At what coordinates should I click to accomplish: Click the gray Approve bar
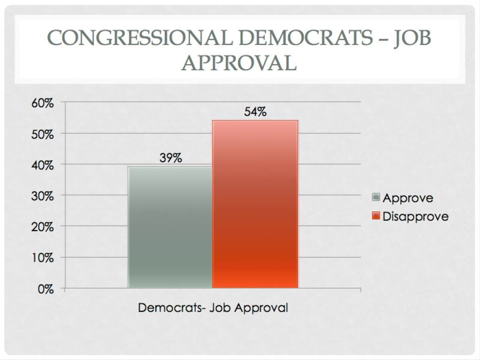pyautogui.click(x=170, y=227)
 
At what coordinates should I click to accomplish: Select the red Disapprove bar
pyautogui.click(x=255, y=204)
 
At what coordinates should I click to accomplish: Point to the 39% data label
pyautogui.click(x=170, y=158)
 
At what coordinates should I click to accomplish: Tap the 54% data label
pyautogui.click(x=255, y=112)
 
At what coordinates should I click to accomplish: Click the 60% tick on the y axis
pyautogui.click(x=43, y=103)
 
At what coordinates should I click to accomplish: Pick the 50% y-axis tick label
pyautogui.click(x=43, y=134)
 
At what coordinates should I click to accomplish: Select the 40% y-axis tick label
pyautogui.click(x=43, y=165)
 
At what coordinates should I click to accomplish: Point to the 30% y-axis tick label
pyautogui.click(x=43, y=196)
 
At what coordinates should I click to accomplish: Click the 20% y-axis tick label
pyautogui.click(x=43, y=227)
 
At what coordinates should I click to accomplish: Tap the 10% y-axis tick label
pyautogui.click(x=43, y=258)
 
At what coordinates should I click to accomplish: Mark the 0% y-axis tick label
pyautogui.click(x=46, y=289)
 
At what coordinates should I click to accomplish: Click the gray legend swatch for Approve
pyautogui.click(x=376, y=197)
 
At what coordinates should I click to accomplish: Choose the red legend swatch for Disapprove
pyautogui.click(x=376, y=216)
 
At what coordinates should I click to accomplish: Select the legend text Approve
pyautogui.click(x=408, y=197)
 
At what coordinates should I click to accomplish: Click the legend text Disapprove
pyautogui.click(x=415, y=216)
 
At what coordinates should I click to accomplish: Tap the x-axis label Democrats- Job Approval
pyautogui.click(x=213, y=308)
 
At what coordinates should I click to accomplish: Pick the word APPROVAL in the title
pyautogui.click(x=240, y=62)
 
